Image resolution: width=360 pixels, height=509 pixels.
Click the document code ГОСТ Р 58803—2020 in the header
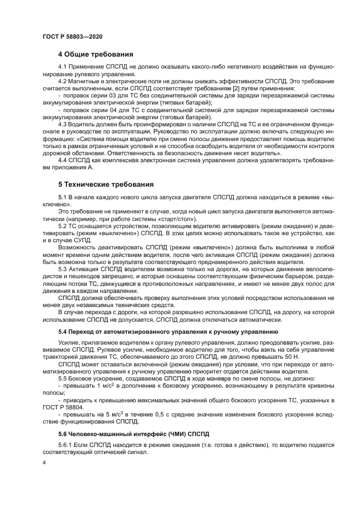[x=72, y=36]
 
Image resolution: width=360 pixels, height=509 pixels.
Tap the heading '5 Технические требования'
[x=106, y=184]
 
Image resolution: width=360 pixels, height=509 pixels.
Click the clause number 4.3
[x=63, y=124]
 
